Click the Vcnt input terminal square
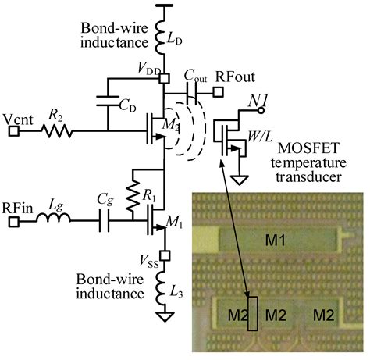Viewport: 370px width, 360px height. point(14,131)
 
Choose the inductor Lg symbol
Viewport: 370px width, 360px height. point(56,223)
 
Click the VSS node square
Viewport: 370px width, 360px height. point(164,255)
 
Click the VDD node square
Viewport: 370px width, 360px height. point(164,77)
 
